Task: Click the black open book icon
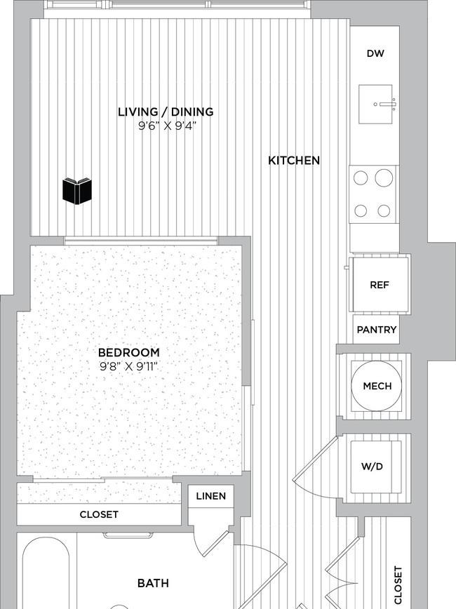77,191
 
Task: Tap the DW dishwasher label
375,53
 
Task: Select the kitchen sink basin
375,104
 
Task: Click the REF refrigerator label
379,285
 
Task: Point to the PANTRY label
376,330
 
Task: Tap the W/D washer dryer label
372,466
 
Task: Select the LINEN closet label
211,496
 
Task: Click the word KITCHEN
294,161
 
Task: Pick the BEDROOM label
129,353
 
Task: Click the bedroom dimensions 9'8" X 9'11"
129,366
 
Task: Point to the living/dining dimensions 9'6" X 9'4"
166,126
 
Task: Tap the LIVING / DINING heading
166,112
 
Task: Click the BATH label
153,583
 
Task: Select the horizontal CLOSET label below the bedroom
99,514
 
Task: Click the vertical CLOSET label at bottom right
398,585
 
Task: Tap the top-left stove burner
361,178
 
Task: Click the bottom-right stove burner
384,210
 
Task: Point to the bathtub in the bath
46,575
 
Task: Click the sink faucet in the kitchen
387,104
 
